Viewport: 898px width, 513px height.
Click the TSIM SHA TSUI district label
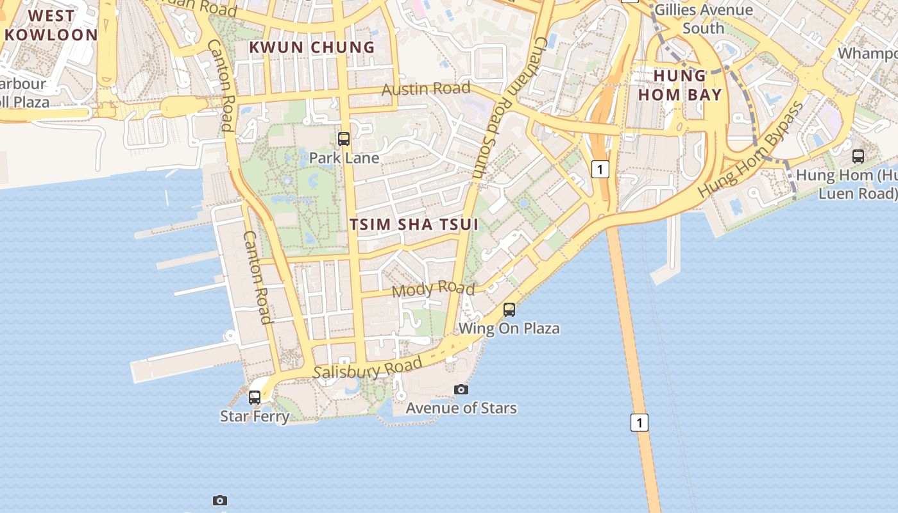point(414,224)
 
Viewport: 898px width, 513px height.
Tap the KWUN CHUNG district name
point(312,47)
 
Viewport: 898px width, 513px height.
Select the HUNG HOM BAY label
point(679,85)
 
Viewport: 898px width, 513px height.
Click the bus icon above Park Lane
point(344,139)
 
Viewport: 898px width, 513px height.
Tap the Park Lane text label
point(344,158)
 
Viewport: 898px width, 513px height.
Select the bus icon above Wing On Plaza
point(509,310)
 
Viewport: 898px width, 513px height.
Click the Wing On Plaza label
point(509,328)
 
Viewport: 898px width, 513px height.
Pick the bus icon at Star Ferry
point(255,397)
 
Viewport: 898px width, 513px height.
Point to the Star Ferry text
point(255,416)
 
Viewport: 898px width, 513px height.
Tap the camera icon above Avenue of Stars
point(461,389)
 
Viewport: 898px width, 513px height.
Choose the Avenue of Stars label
point(461,408)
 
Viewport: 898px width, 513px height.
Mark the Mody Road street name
point(433,289)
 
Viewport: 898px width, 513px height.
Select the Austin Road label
point(426,88)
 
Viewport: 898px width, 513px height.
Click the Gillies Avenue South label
point(704,19)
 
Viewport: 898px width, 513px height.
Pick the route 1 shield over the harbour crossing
point(639,423)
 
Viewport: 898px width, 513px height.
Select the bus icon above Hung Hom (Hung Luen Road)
point(858,156)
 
